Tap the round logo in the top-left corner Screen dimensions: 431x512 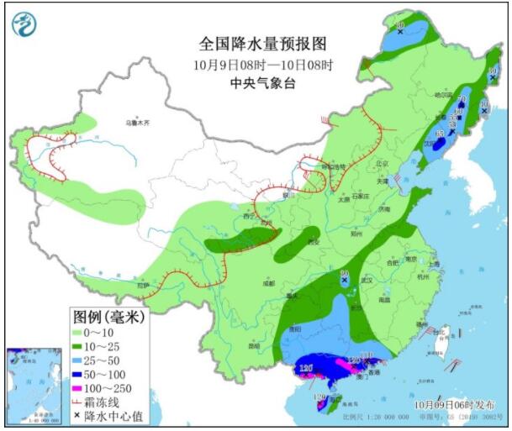[25, 25]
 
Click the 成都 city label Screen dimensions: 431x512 [268, 283]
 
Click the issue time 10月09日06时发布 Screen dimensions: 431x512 [455, 405]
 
